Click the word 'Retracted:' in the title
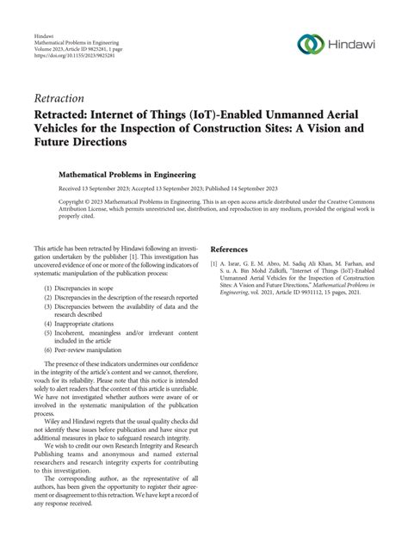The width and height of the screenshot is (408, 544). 65,114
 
